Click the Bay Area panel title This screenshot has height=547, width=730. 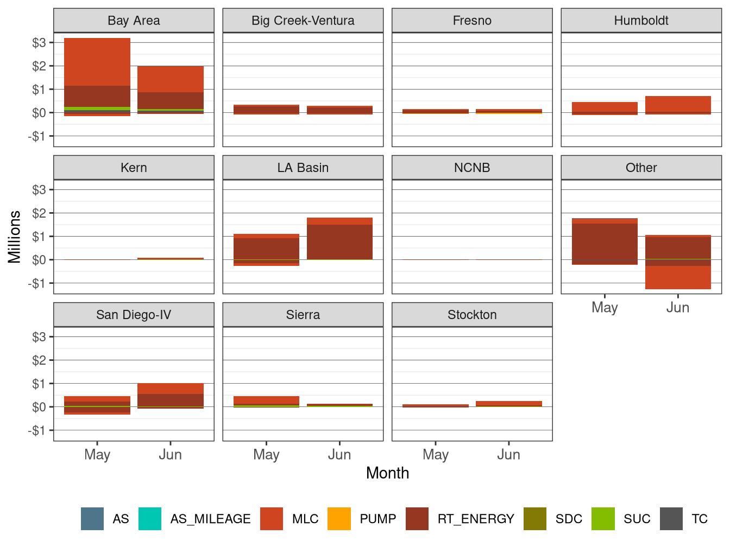point(134,21)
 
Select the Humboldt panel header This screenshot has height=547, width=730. point(641,21)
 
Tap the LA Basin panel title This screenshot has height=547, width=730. point(303,168)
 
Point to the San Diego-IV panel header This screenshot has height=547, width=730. point(134,315)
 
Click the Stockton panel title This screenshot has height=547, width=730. point(472,315)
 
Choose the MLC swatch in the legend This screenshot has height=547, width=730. point(272,519)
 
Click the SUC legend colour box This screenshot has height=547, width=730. point(603,519)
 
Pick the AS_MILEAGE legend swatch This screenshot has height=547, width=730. point(150,519)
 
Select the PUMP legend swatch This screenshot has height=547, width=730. point(339,519)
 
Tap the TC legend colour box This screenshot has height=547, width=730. point(671,519)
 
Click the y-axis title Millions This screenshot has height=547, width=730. point(14,237)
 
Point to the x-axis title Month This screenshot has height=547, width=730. point(387,473)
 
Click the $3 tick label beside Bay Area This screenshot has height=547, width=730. point(39,42)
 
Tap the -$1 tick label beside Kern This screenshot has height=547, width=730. point(37,283)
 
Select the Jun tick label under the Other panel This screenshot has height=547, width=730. point(678,308)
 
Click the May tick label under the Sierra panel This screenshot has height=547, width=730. point(266,455)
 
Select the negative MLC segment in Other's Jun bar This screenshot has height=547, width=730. point(678,277)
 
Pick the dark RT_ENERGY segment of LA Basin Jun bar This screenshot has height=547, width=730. point(339,242)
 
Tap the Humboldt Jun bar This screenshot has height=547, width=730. point(678,104)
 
